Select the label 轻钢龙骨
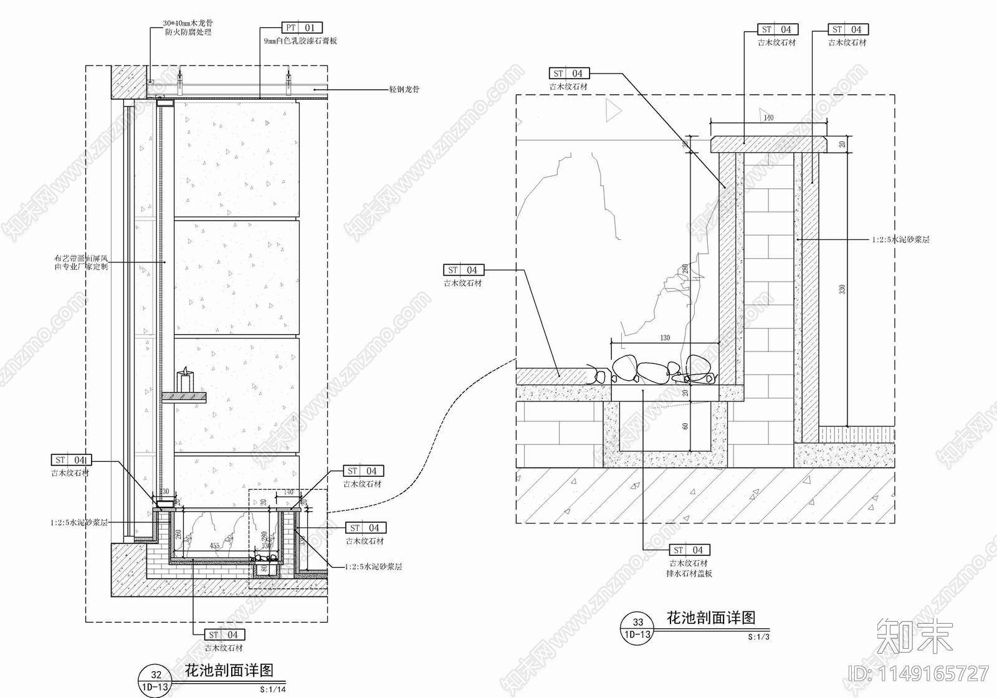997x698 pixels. [x=404, y=89]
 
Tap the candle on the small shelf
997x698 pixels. [x=184, y=381]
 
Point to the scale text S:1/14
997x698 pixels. [x=272, y=690]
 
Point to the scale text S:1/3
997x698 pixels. [x=759, y=637]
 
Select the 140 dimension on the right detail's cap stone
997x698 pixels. [x=768, y=117]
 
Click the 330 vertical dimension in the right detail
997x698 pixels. [x=842, y=290]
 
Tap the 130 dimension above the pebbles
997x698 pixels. [x=665, y=337]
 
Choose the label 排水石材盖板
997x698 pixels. [x=689, y=573]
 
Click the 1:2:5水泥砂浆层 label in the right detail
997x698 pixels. [x=900, y=239]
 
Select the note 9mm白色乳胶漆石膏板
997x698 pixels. [x=300, y=41]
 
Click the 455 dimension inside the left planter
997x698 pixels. [x=214, y=546]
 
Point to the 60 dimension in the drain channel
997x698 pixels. [x=685, y=426]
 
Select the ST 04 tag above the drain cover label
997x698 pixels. [x=689, y=550]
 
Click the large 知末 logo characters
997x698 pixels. [x=914, y=637]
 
